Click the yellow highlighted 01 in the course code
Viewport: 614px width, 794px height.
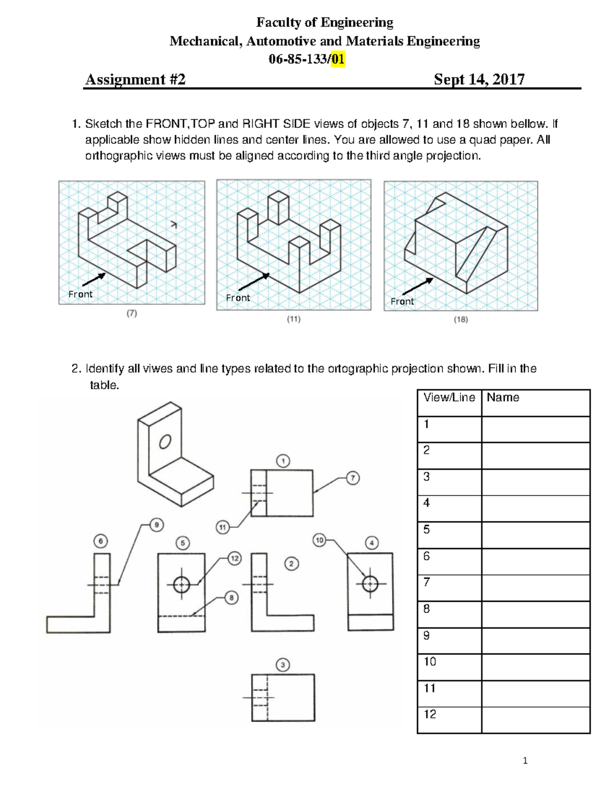(x=337, y=60)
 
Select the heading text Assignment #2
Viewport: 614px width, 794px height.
(x=135, y=79)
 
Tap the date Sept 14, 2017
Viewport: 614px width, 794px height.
(x=479, y=79)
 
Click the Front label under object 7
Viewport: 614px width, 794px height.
(x=80, y=294)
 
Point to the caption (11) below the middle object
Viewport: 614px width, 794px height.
(x=293, y=319)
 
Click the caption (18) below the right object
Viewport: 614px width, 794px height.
(x=461, y=320)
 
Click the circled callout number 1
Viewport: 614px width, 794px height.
(x=283, y=461)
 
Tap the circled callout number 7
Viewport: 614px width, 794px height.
(x=353, y=478)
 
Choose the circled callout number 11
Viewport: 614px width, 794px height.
(x=223, y=527)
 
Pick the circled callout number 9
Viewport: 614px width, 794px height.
(x=157, y=525)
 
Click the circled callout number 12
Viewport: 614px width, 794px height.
(x=234, y=558)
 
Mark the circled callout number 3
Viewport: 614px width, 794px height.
(x=282, y=665)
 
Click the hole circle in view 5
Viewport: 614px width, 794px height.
(x=182, y=584)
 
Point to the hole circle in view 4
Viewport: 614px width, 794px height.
(x=370, y=583)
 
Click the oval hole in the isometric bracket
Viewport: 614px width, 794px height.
(x=165, y=441)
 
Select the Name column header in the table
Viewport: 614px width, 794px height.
(x=503, y=398)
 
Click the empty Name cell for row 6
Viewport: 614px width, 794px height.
(x=535, y=561)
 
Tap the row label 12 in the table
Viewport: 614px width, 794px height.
(x=430, y=714)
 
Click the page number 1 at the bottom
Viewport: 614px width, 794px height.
(x=525, y=761)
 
